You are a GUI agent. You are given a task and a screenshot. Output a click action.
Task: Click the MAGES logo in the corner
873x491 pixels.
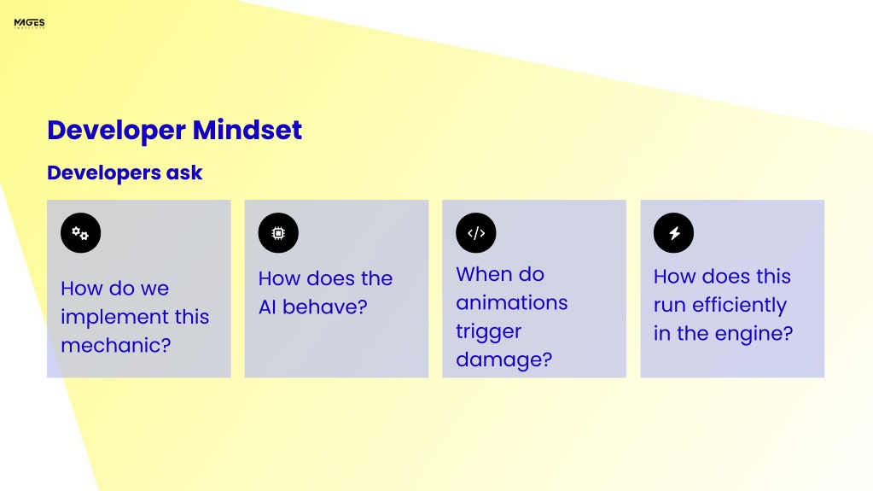pos(30,23)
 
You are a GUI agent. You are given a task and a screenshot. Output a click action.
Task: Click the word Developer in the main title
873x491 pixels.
pos(116,131)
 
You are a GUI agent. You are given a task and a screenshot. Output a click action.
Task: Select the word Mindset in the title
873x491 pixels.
pos(247,130)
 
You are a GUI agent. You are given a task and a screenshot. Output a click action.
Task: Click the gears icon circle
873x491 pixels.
pos(81,233)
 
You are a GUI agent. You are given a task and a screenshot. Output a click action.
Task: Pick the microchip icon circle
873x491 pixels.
pos(278,233)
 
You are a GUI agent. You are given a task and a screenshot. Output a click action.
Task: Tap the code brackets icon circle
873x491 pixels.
pos(476,233)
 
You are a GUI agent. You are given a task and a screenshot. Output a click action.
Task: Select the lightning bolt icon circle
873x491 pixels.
pos(673,233)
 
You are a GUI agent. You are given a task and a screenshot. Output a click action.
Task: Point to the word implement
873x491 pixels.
pos(114,318)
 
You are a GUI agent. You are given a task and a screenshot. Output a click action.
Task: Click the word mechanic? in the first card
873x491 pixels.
pos(116,346)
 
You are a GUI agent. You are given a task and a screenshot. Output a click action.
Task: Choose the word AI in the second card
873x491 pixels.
pos(267,307)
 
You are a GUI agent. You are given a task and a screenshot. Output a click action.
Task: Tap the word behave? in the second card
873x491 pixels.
pos(325,307)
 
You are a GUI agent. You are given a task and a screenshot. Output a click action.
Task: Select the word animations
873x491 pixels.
pos(512,302)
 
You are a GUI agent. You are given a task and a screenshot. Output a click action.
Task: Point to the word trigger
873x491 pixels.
pos(488,332)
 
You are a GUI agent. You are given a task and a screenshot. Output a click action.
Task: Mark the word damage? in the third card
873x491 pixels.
pos(503,360)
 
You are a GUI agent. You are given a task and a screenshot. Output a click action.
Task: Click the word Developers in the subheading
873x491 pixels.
pos(103,173)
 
